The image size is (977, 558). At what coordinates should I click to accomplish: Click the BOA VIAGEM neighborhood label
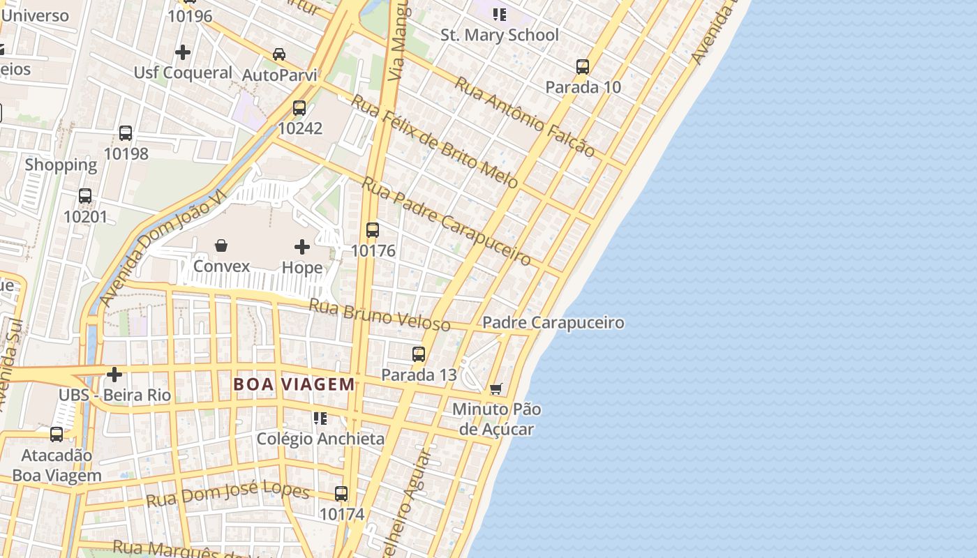pyautogui.click(x=294, y=384)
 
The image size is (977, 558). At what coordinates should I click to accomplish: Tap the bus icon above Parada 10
pyautogui.click(x=583, y=67)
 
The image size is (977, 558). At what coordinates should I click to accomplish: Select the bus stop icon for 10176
pyautogui.click(x=373, y=230)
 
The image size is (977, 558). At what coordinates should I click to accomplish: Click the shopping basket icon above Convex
pyautogui.click(x=221, y=246)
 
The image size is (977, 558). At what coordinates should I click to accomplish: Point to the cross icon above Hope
pyautogui.click(x=302, y=247)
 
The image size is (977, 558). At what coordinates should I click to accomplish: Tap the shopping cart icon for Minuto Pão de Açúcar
pyautogui.click(x=496, y=389)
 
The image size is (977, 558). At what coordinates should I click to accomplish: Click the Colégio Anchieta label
pyautogui.click(x=320, y=439)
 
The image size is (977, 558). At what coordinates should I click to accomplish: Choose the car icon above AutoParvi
pyautogui.click(x=279, y=54)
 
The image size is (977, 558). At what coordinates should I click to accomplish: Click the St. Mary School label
pyautogui.click(x=500, y=35)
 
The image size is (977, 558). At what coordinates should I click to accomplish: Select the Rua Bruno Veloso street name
pyautogui.click(x=379, y=315)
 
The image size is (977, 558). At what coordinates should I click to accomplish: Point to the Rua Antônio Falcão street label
pyautogui.click(x=525, y=116)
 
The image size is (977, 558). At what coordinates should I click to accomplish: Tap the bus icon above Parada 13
pyautogui.click(x=419, y=354)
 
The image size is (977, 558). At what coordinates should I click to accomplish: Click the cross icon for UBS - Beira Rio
pyautogui.click(x=114, y=375)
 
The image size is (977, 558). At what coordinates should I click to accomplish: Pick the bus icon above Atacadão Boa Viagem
pyautogui.click(x=57, y=435)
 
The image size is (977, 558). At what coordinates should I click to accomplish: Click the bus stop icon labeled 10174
pyautogui.click(x=341, y=494)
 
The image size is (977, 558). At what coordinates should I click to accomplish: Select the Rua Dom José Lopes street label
pyautogui.click(x=228, y=495)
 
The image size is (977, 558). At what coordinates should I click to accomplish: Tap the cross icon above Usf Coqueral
pyautogui.click(x=183, y=52)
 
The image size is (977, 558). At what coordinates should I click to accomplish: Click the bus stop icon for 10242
pyautogui.click(x=299, y=108)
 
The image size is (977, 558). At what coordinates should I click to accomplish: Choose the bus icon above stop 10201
pyautogui.click(x=85, y=196)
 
